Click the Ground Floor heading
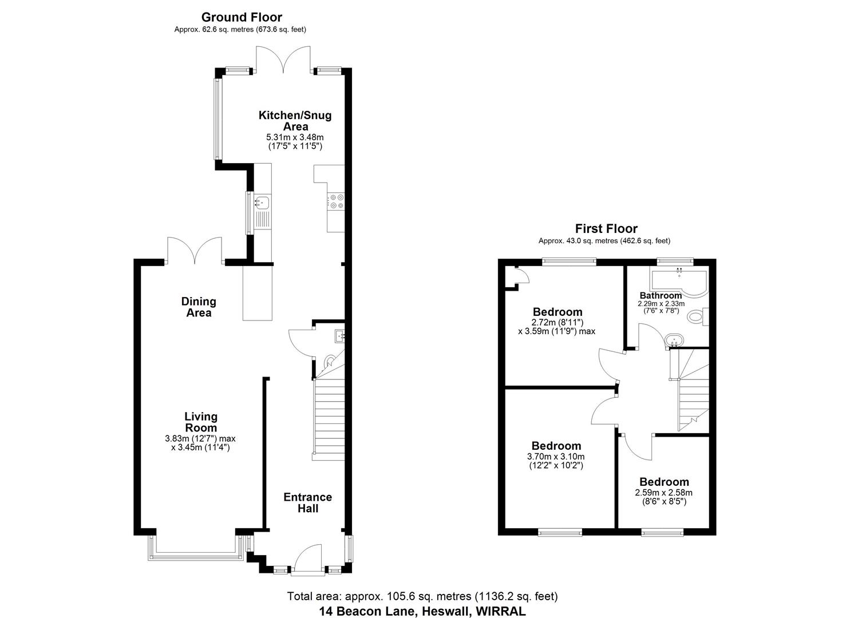tap(241, 17)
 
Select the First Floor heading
tap(606, 229)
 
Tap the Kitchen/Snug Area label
tap(295, 121)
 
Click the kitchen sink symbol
tap(263, 202)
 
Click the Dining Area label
tap(199, 307)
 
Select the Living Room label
tap(200, 422)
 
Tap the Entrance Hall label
tap(307, 502)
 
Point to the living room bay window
tap(195, 548)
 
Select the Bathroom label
tap(661, 296)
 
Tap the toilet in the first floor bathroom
tap(697, 317)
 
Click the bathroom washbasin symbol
tap(674, 340)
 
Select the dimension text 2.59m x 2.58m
tap(663, 493)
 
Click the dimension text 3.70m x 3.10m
tap(555, 456)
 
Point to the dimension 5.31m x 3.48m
tap(295, 137)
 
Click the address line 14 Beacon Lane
tap(422, 611)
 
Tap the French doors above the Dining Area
tap(195, 252)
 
